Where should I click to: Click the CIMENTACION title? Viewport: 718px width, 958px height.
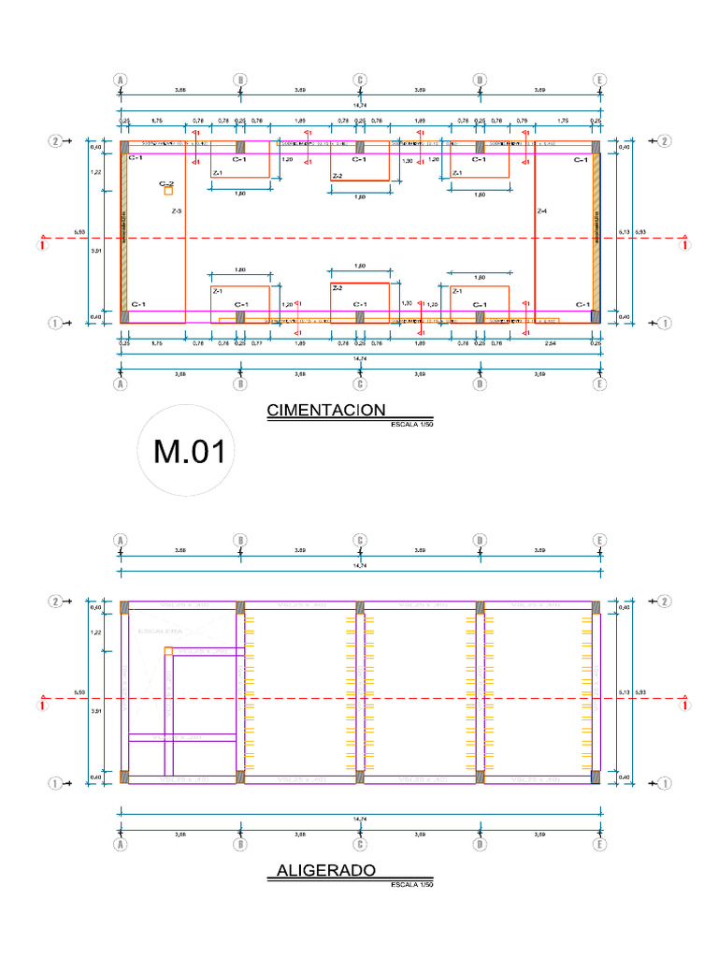tap(326, 410)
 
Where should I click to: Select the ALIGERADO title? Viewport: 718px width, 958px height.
tap(326, 871)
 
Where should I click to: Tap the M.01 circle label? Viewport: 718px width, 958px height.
tap(190, 453)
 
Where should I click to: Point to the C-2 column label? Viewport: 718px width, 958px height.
tap(166, 183)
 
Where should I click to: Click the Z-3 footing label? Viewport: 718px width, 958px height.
tap(177, 212)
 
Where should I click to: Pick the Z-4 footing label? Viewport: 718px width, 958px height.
tap(541, 212)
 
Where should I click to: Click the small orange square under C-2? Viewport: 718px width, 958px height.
tap(168, 191)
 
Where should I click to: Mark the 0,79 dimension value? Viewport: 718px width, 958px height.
tap(523, 121)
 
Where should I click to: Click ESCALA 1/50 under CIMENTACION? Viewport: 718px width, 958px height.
tap(412, 425)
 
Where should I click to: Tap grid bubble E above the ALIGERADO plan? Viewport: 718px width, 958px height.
tap(598, 540)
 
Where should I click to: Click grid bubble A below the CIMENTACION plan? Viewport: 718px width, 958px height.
tap(120, 384)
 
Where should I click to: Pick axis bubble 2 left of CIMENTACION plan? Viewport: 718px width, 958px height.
tap(56, 141)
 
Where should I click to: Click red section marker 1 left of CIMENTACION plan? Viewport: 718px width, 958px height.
tap(41, 246)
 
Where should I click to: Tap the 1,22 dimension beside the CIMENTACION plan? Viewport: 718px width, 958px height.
tap(94, 173)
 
